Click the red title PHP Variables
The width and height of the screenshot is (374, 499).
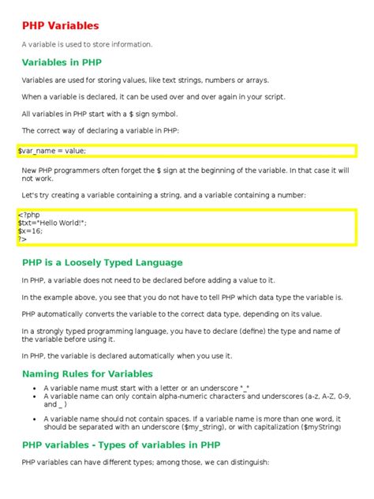click(x=60, y=25)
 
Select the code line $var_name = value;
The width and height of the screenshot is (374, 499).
click(x=52, y=150)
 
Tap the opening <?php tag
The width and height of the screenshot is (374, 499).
click(x=28, y=214)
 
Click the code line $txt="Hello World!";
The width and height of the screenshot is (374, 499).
click(x=52, y=223)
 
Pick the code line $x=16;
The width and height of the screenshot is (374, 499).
click(x=32, y=231)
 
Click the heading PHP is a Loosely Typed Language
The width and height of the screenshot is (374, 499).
click(x=103, y=262)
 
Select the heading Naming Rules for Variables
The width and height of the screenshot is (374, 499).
click(x=88, y=373)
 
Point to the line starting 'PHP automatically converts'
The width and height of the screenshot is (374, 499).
click(x=178, y=313)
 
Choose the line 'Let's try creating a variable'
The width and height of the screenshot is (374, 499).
click(x=174, y=194)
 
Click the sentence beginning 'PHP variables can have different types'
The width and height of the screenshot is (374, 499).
click(x=146, y=462)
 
